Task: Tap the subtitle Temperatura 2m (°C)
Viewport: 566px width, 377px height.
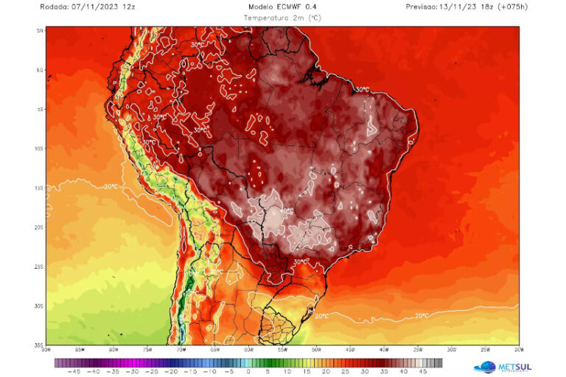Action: click(282, 16)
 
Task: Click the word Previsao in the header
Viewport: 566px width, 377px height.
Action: click(422, 6)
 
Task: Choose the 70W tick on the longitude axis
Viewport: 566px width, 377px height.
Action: click(181, 350)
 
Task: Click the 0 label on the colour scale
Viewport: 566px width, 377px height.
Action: click(248, 371)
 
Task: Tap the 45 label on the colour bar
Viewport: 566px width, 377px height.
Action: click(422, 371)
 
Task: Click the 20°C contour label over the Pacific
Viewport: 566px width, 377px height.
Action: click(111, 186)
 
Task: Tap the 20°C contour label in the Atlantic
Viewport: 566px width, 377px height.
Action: click(422, 315)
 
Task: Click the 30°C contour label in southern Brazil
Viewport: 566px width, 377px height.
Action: click(301, 261)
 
